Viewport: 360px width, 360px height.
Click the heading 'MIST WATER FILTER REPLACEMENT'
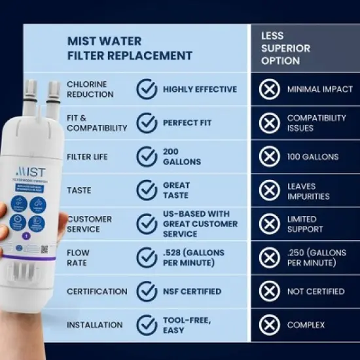click(x=130, y=48)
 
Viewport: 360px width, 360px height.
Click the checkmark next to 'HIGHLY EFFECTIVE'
click(x=147, y=90)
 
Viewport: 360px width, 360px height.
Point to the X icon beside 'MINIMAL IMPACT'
click(x=269, y=90)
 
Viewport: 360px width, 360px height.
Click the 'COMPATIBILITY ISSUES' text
click(x=316, y=122)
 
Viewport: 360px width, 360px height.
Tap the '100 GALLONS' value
click(x=312, y=156)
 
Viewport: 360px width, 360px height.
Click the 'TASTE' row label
click(x=79, y=190)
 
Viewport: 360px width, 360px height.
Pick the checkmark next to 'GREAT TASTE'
click(x=147, y=190)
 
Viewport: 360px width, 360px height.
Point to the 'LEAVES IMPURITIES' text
click(x=308, y=190)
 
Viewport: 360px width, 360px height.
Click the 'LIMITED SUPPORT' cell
click(x=304, y=224)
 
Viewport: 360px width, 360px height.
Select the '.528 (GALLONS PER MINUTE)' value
click(x=194, y=258)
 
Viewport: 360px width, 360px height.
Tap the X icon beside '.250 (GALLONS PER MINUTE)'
click(x=269, y=258)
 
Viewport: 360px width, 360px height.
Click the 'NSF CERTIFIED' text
click(x=192, y=291)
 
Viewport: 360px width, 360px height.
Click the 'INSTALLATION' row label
click(x=94, y=325)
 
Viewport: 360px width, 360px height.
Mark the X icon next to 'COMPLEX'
click(x=269, y=325)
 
